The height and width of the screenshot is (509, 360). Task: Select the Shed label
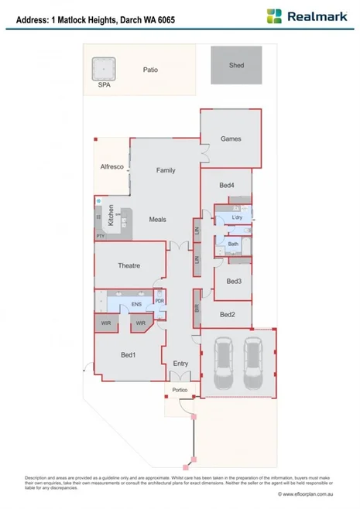point(236,66)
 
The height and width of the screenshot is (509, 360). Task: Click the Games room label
point(231,139)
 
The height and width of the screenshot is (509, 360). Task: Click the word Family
point(166,170)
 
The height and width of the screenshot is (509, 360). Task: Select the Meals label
point(157,220)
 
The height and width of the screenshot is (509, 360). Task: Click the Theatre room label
point(129,265)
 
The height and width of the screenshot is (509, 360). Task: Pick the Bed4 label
point(226,185)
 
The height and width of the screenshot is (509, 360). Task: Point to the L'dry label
point(238,218)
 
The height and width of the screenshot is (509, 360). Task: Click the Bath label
point(233,244)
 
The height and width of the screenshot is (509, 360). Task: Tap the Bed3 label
point(235,281)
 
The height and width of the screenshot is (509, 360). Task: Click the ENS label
point(135,305)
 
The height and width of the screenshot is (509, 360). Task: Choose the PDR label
point(159,301)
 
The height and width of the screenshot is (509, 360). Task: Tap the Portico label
point(180,391)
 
